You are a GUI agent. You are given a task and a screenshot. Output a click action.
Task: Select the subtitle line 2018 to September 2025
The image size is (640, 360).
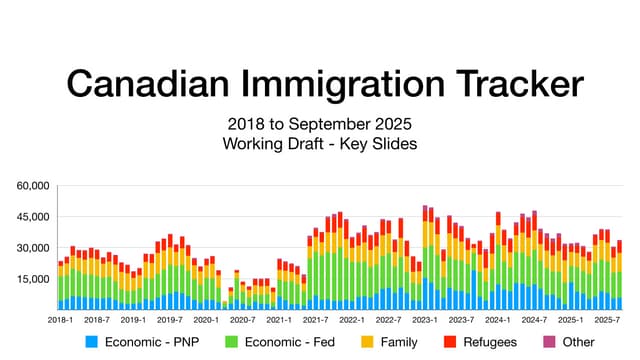pyautogui.click(x=319, y=127)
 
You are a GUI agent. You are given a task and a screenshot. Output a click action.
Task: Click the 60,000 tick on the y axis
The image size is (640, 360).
pyautogui.click(x=33, y=186)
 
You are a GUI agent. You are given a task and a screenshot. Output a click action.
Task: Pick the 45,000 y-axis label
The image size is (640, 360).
pyautogui.click(x=33, y=217)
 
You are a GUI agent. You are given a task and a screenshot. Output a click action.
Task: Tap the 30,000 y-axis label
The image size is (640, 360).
pyautogui.click(x=33, y=248)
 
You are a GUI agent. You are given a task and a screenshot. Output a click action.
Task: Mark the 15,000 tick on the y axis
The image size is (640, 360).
pyautogui.click(x=33, y=279)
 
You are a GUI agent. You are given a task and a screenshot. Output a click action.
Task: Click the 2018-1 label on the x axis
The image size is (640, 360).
pyautogui.click(x=60, y=320)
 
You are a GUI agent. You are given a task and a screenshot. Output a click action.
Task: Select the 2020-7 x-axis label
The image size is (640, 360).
pyautogui.click(x=242, y=320)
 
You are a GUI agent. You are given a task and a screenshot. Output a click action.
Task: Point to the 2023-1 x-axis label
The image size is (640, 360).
pyautogui.click(x=425, y=320)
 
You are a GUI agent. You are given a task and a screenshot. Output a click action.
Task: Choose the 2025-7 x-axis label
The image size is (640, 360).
pyautogui.click(x=607, y=320)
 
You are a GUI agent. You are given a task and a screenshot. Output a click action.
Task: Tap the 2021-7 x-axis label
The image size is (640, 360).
pyautogui.click(x=315, y=320)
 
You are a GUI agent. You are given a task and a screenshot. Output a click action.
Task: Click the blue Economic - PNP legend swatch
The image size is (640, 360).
pyautogui.click(x=93, y=342)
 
